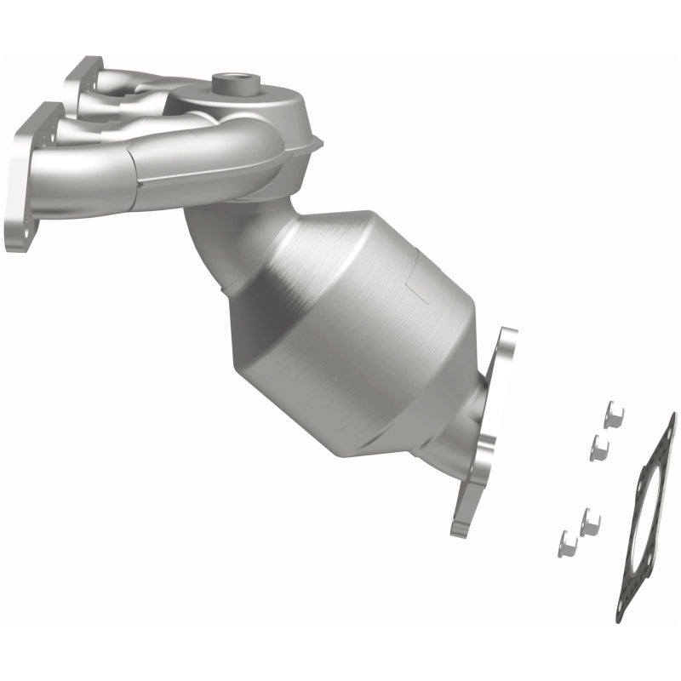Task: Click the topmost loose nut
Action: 613,415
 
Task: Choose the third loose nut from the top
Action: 590,522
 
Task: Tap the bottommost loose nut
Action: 568,543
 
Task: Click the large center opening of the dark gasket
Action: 647,511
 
